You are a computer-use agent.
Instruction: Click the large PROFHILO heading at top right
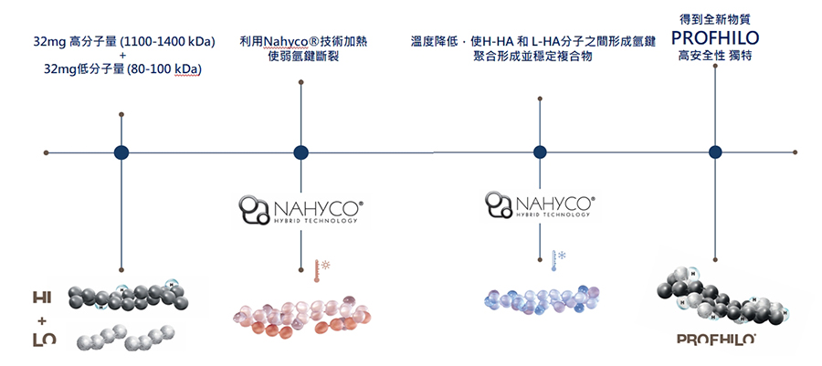[715, 38]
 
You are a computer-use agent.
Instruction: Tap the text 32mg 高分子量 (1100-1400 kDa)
[121, 42]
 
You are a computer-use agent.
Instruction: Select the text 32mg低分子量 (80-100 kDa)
[122, 69]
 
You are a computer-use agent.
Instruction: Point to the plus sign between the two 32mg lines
[121, 56]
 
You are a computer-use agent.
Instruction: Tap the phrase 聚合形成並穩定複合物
[540, 57]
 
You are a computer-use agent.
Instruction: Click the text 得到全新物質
[715, 18]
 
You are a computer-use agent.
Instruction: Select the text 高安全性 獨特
[715, 57]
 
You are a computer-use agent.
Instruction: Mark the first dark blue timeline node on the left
[121, 152]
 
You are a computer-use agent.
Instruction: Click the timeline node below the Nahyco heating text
[300, 152]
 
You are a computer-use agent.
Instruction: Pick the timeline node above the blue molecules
[540, 152]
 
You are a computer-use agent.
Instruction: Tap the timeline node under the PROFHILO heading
[715, 152]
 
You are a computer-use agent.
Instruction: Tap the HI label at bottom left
[42, 298]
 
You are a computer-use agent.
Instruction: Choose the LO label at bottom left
[42, 341]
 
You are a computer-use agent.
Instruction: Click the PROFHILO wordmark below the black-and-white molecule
[715, 340]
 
